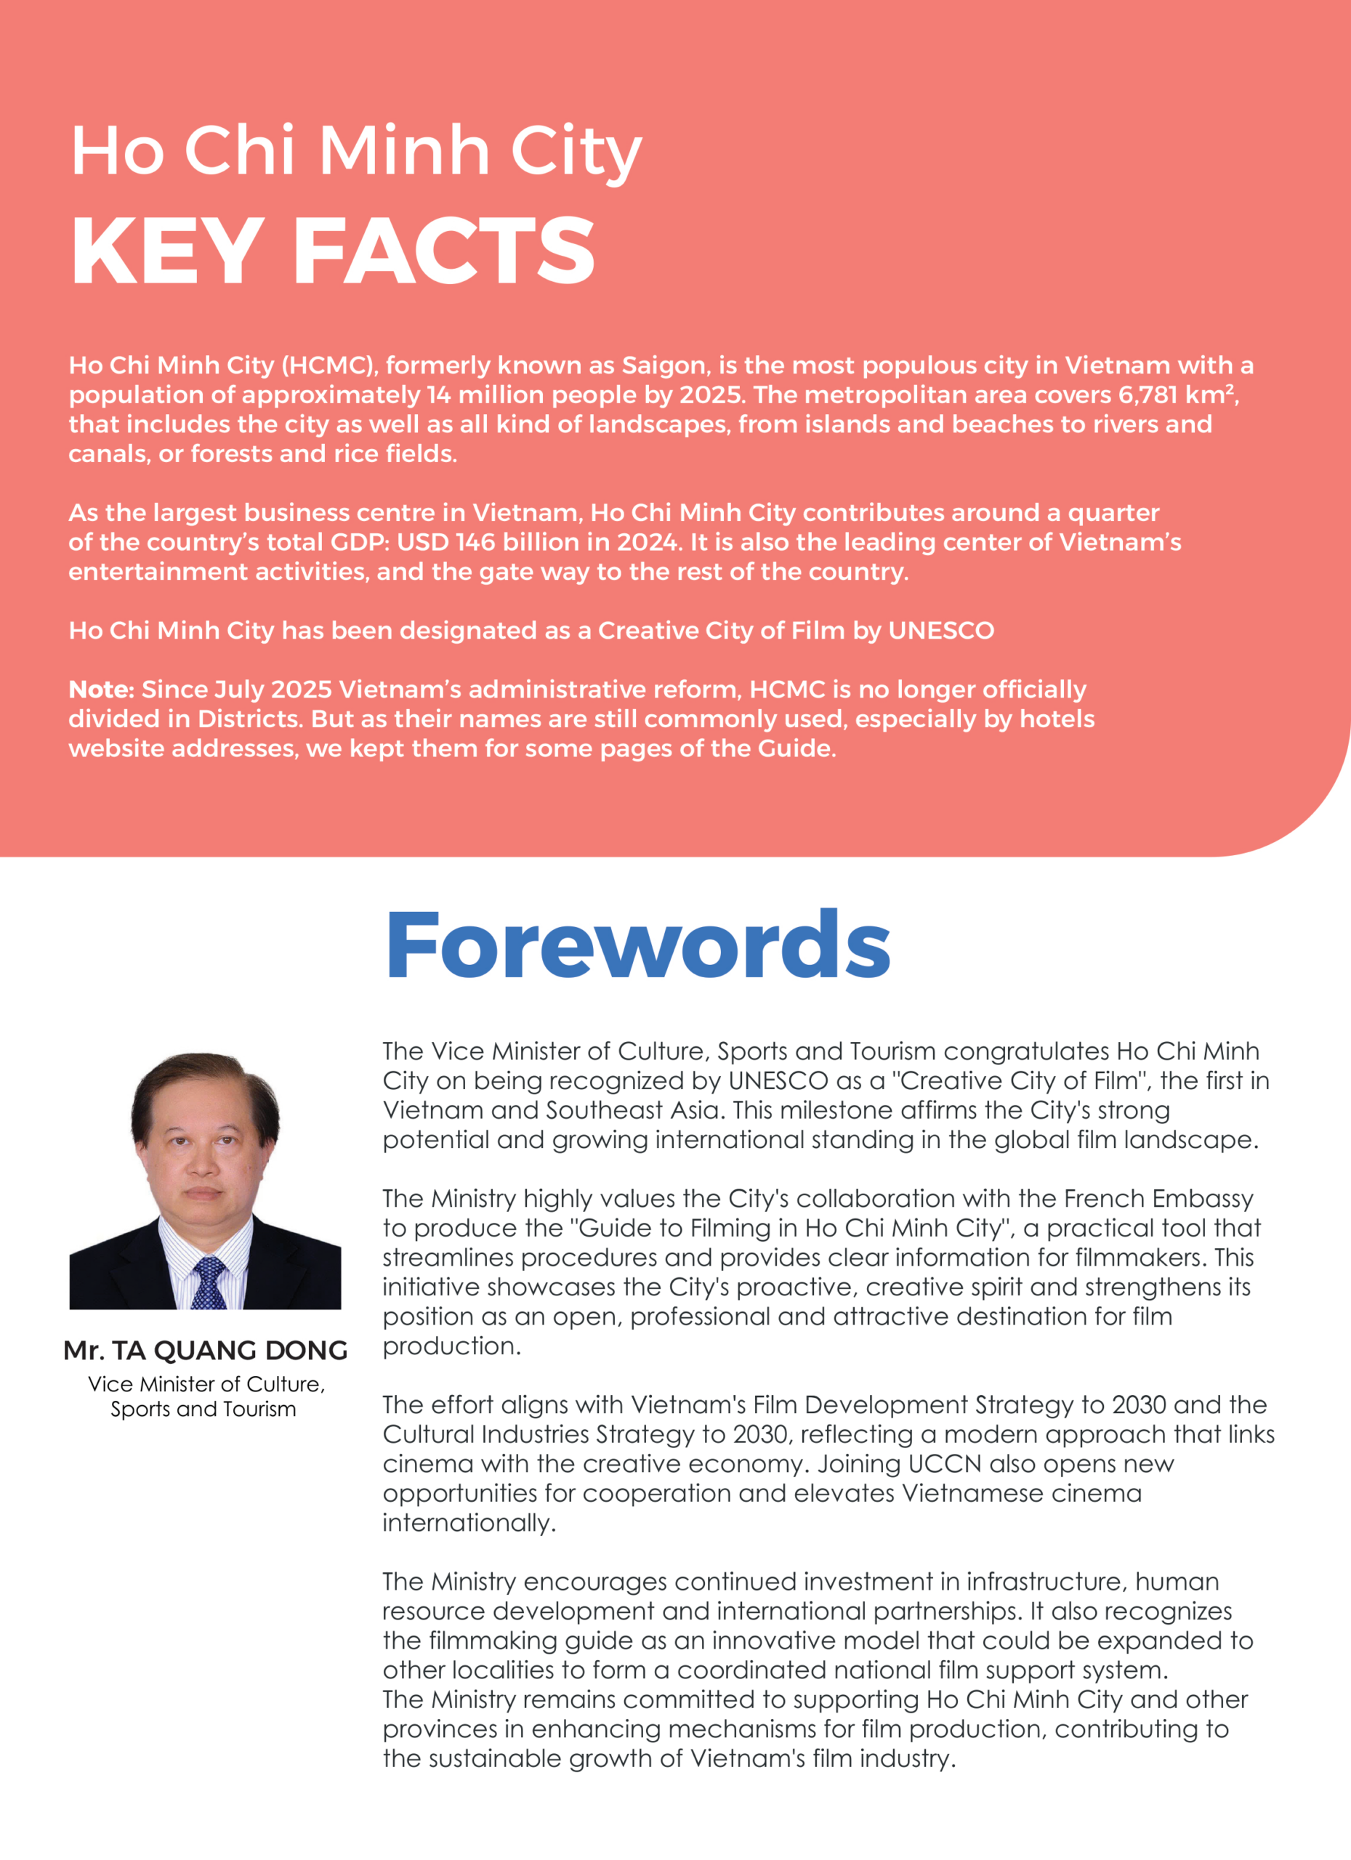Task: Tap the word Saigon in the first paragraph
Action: click(x=664, y=365)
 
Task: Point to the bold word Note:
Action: click(x=101, y=689)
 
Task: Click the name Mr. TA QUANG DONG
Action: click(x=205, y=1351)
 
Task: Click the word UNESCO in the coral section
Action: click(x=941, y=631)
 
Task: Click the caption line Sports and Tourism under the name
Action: click(x=203, y=1410)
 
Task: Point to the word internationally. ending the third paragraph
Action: click(x=469, y=1523)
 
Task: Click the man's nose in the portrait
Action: click(x=203, y=1165)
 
